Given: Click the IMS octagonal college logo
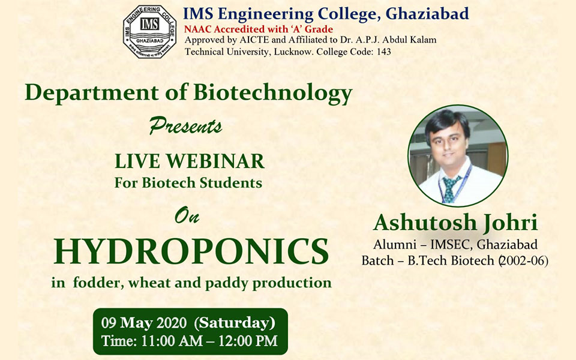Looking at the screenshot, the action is click(149, 32).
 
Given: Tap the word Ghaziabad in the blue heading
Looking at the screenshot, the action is click(427, 14).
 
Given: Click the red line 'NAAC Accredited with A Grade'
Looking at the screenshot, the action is click(259, 29).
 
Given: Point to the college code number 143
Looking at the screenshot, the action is click(384, 52).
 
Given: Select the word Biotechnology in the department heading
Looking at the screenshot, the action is click(273, 93).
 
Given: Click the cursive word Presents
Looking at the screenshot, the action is click(185, 125).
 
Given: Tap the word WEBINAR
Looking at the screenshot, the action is click(215, 161).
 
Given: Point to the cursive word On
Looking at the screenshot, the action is click(187, 215).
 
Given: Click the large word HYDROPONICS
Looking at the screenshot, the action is click(191, 251).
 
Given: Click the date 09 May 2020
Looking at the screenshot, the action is click(144, 323).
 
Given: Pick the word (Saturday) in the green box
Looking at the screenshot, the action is click(235, 323).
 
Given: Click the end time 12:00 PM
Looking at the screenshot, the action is click(248, 341).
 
